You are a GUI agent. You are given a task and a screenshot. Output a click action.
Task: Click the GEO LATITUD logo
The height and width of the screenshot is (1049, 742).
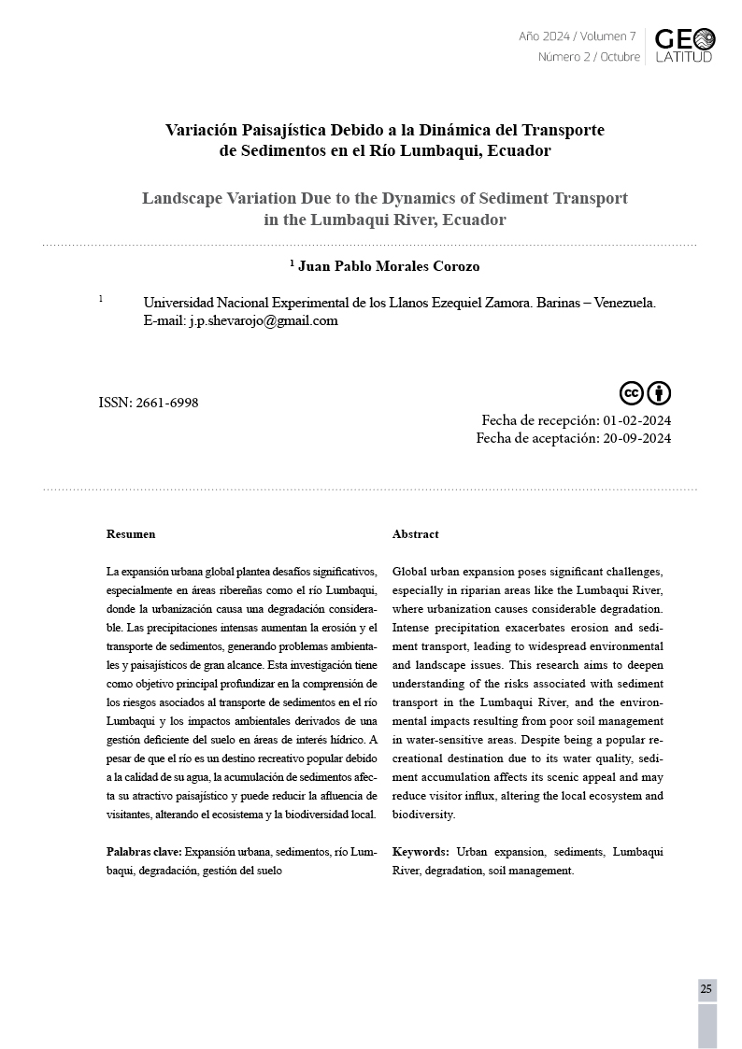click(684, 45)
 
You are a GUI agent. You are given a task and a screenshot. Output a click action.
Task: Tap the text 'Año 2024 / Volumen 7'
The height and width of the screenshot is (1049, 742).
click(577, 36)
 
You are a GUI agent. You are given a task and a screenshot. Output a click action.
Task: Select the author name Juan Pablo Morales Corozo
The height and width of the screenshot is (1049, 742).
click(389, 266)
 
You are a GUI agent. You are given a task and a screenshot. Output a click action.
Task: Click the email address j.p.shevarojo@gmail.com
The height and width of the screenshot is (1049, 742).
click(263, 320)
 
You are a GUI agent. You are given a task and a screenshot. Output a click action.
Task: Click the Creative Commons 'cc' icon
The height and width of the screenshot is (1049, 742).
click(632, 393)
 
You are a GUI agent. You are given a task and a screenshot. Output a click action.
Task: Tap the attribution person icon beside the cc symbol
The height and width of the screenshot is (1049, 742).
click(659, 393)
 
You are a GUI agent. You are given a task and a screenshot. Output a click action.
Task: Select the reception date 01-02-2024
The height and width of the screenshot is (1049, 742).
click(637, 420)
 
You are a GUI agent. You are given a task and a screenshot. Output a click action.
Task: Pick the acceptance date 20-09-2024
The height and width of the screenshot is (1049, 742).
click(637, 438)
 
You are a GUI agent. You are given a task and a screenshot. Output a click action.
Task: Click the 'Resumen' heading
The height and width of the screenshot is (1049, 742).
click(131, 534)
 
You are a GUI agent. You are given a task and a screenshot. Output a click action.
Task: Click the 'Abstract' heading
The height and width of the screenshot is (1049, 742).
click(415, 534)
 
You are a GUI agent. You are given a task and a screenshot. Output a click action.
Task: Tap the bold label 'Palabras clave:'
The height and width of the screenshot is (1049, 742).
click(144, 852)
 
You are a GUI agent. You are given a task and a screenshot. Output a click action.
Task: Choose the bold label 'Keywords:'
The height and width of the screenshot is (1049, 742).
click(421, 852)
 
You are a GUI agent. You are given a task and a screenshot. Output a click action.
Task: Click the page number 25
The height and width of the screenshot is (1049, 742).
click(706, 989)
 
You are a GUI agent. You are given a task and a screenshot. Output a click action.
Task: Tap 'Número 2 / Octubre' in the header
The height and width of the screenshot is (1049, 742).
click(589, 57)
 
